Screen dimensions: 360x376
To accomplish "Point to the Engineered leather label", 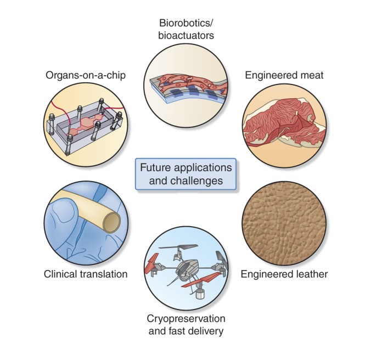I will [x=284, y=273].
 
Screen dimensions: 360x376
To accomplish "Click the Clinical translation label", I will [x=86, y=273].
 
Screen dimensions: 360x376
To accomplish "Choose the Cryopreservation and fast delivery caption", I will [x=186, y=324].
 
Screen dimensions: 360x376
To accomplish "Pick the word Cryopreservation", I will [x=186, y=318].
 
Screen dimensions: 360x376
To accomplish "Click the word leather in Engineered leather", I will [x=311, y=273].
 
